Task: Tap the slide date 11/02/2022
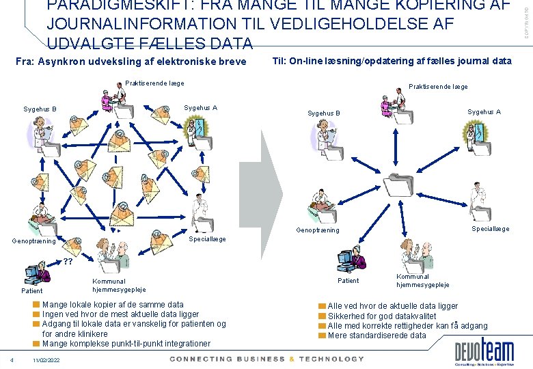46,360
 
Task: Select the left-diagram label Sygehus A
201,108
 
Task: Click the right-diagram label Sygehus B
324,113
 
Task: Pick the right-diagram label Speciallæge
490,229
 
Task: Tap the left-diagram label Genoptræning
33,241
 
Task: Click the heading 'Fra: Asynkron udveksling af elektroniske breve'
131,61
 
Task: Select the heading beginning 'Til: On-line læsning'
392,61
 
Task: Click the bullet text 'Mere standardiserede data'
377,335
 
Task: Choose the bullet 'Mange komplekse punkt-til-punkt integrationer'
126,343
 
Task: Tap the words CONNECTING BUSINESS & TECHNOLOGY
267,359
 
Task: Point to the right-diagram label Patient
348,280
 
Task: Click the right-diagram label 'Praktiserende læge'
437,87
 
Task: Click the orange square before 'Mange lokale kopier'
37,305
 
